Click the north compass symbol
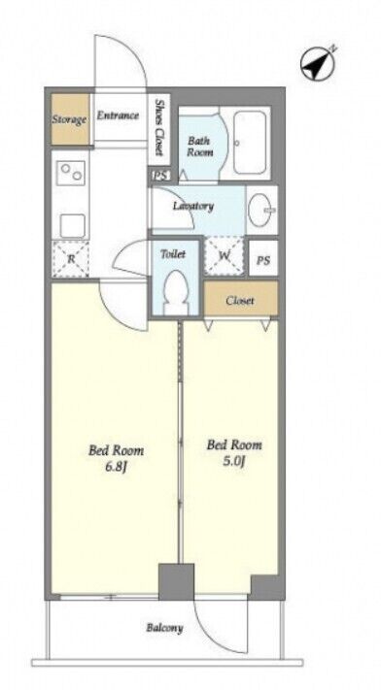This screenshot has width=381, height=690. click(x=318, y=64)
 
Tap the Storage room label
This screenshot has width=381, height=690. click(x=70, y=119)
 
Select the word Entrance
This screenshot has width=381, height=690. click(x=118, y=115)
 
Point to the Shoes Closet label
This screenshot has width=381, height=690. click(x=159, y=127)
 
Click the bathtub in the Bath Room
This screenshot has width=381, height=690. click(x=250, y=142)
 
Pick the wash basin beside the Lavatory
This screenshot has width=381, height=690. click(x=262, y=211)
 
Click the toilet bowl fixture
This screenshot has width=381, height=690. click(x=176, y=292)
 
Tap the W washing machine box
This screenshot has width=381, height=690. click(x=224, y=256)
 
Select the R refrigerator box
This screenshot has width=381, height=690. click(x=71, y=259)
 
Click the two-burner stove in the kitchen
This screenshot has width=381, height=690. click(x=71, y=173)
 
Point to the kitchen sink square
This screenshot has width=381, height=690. click(x=72, y=226)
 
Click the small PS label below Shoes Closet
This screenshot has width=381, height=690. click(x=160, y=176)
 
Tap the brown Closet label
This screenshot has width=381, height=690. click(x=240, y=301)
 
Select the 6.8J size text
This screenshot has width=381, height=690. click(x=116, y=467)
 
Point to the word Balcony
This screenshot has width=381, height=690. click(x=164, y=628)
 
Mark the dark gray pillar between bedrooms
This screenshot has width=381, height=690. click(x=176, y=581)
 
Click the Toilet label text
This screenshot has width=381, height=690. click(x=173, y=254)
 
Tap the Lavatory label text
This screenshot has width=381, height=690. click(x=193, y=206)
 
